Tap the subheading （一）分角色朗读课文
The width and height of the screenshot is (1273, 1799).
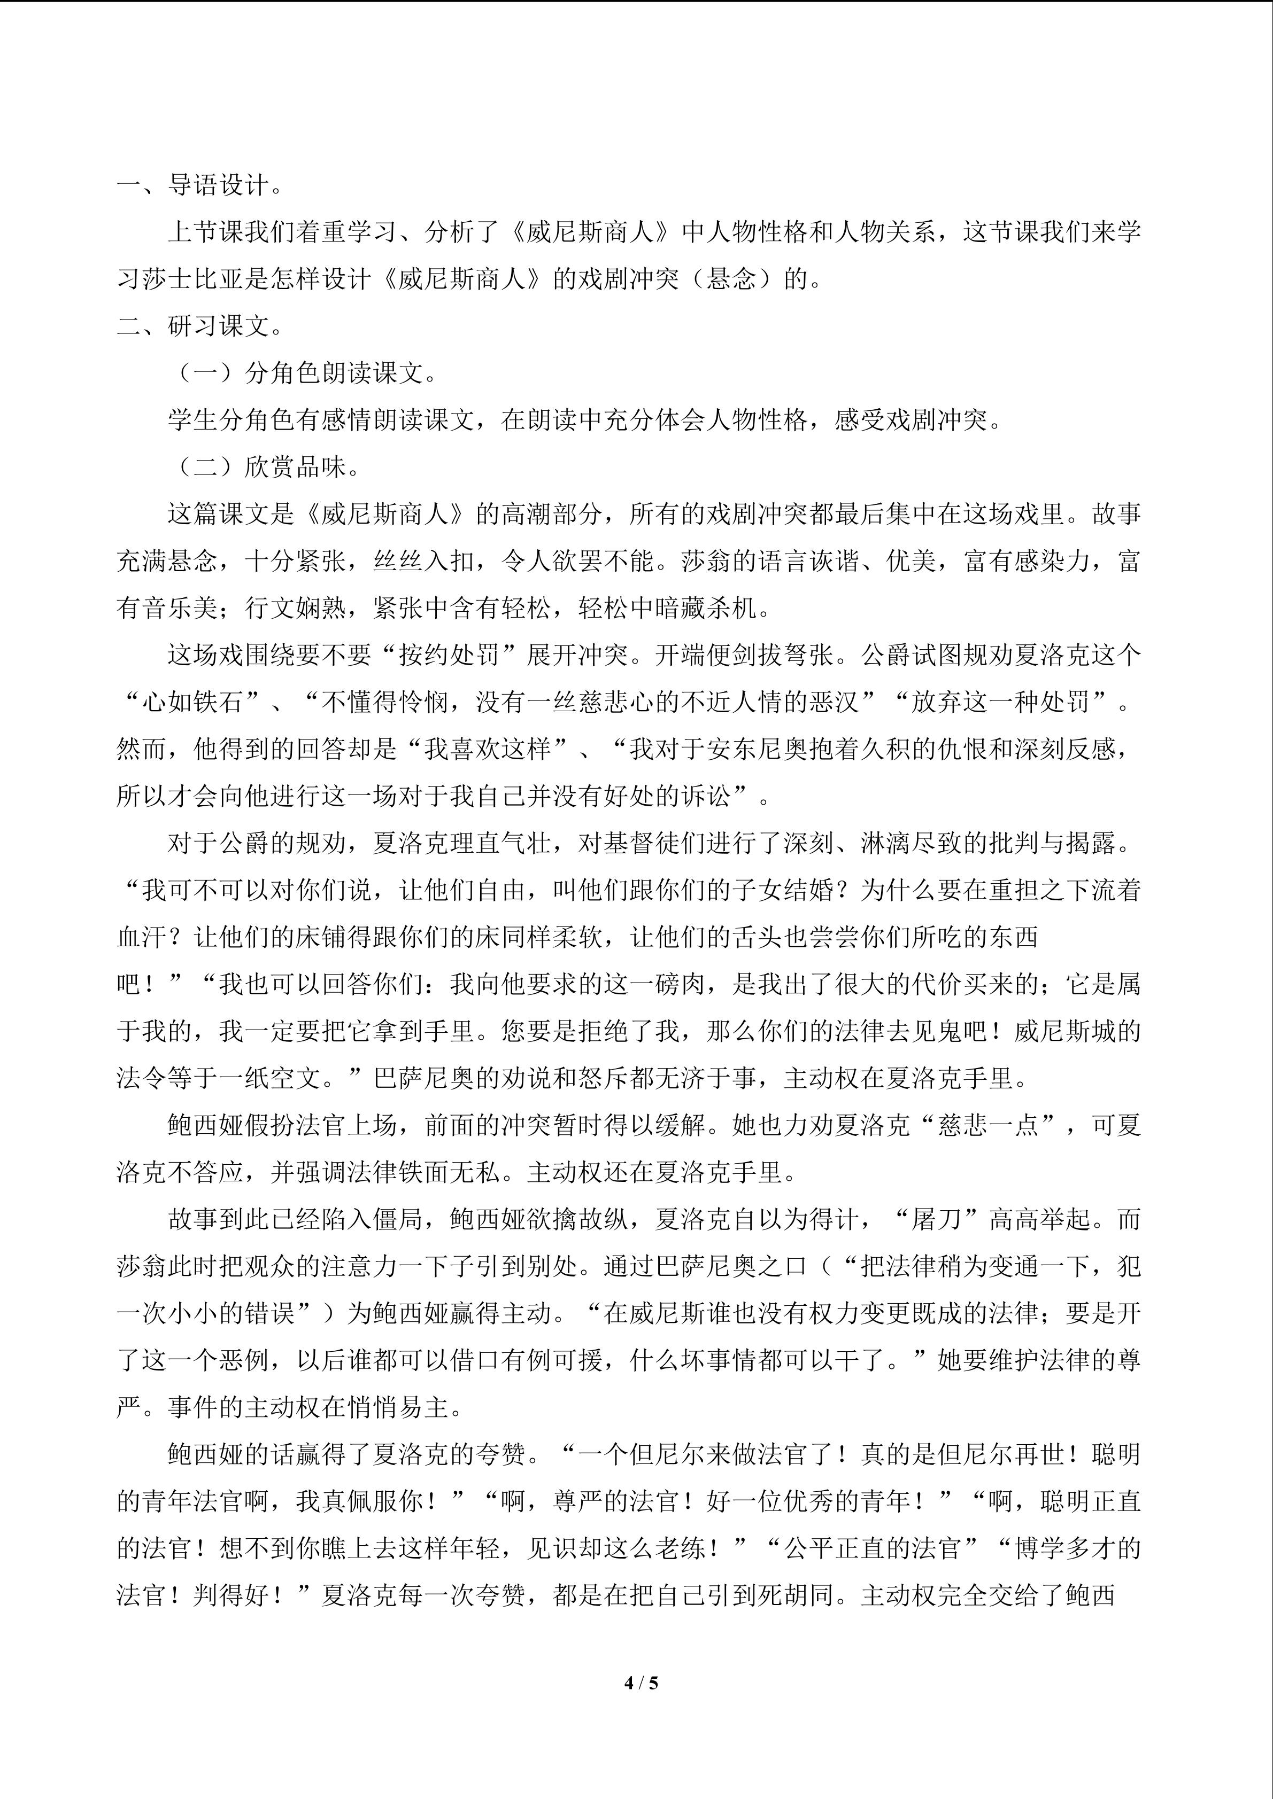click(304, 373)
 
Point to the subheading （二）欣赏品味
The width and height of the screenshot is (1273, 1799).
click(266, 467)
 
